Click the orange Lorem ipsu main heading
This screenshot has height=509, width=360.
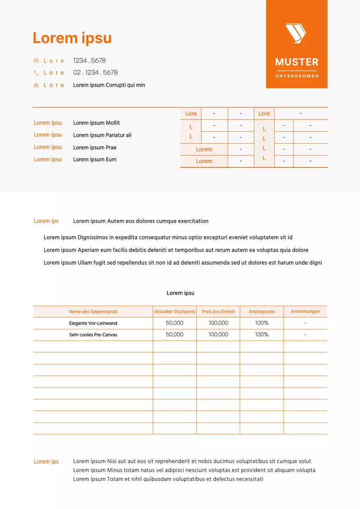tap(72, 38)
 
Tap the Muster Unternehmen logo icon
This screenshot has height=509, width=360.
tap(296, 33)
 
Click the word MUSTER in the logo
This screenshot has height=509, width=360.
tap(297, 62)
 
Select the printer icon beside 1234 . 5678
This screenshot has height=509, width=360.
tap(36, 61)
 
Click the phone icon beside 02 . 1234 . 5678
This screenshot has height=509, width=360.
tap(36, 73)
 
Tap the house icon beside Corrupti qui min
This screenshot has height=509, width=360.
tap(36, 85)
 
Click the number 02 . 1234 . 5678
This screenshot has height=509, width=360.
tap(95, 72)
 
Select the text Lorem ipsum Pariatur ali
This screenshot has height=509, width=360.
tap(102, 135)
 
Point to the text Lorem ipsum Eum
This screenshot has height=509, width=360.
tap(95, 159)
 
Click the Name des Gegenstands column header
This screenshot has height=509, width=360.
tap(93, 312)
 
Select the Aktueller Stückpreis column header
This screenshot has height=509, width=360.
tap(175, 312)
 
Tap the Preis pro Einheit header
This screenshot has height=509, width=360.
tap(218, 312)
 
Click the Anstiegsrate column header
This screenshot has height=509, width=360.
tap(262, 312)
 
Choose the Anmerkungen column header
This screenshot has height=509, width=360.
tap(306, 311)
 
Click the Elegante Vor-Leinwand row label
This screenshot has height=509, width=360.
tap(93, 323)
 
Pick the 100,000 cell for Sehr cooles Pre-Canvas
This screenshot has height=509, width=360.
tap(218, 335)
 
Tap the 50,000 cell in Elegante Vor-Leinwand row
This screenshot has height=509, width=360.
tap(175, 323)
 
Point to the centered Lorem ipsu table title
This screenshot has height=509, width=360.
tap(181, 293)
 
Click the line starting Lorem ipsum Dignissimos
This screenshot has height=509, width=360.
tap(168, 237)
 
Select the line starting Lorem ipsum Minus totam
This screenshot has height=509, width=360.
tap(194, 470)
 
